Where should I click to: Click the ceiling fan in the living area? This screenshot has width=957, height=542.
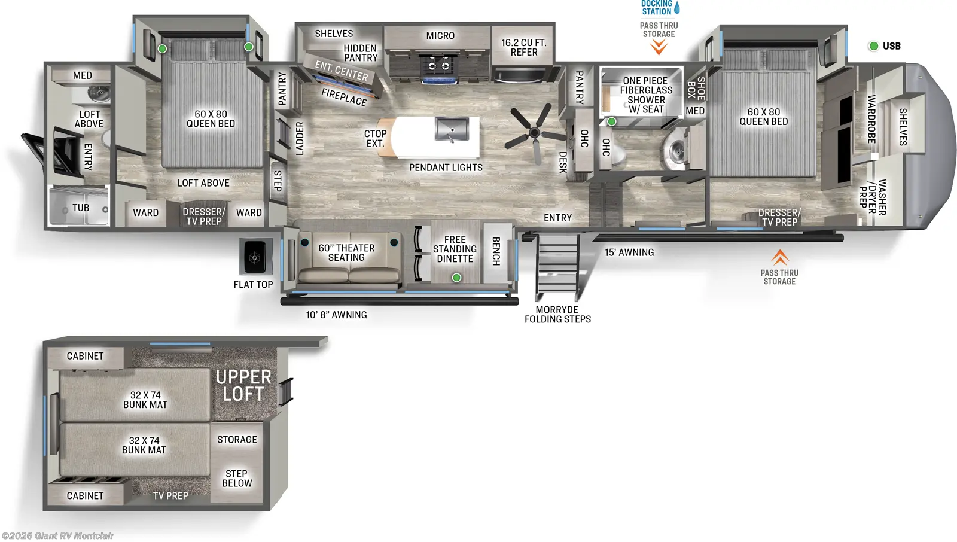[534, 132]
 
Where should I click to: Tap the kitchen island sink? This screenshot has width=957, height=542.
[452, 129]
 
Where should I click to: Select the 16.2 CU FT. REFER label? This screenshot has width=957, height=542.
[524, 47]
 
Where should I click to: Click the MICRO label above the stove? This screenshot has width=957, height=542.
[440, 36]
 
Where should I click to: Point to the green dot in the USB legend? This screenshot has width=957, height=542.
[873, 46]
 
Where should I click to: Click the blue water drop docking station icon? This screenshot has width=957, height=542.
[677, 8]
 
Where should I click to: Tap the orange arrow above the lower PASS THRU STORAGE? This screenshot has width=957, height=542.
[779, 257]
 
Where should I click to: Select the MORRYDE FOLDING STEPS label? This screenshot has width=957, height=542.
[557, 315]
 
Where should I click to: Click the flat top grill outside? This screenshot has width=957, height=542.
[255, 257]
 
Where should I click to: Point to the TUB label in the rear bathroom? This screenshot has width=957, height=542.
[81, 208]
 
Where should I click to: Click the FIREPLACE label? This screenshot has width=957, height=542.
[344, 97]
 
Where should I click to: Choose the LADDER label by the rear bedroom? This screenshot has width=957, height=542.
[300, 138]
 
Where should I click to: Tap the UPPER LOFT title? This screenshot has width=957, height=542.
[243, 385]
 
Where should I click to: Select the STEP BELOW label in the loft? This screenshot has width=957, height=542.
[237, 478]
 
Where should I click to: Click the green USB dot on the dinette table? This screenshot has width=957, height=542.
[456, 278]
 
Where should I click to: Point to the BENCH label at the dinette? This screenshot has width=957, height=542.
[496, 251]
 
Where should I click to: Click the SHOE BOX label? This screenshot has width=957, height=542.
[696, 88]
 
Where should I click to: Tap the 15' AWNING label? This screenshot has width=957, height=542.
[629, 252]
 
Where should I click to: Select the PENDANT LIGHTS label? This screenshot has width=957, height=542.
[446, 168]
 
